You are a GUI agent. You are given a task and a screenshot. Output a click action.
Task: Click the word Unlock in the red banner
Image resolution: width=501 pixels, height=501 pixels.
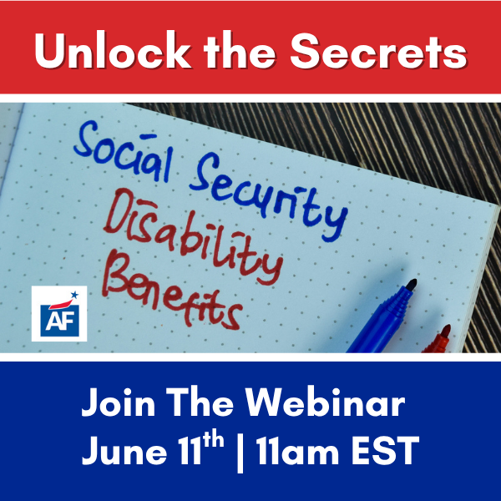tap(113, 49)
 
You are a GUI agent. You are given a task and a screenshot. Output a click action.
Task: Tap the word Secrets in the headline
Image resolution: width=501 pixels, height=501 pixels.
tap(378, 50)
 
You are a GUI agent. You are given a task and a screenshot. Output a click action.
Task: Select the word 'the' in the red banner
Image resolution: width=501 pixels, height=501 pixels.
tap(240, 49)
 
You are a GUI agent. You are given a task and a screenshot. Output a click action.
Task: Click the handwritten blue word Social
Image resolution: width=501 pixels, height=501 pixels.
tap(124, 151)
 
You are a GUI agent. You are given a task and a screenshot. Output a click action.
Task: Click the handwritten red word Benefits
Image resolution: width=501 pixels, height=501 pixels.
tap(172, 292)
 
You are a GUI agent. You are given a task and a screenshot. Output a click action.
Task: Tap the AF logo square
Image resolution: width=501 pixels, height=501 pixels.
tap(59, 313)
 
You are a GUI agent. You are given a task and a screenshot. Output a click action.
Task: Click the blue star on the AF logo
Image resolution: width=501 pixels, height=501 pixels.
tap(74, 295)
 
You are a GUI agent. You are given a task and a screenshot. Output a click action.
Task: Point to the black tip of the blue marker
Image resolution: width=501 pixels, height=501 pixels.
tap(412, 285)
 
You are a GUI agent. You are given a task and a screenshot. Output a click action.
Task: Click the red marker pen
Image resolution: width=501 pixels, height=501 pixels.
tap(438, 340)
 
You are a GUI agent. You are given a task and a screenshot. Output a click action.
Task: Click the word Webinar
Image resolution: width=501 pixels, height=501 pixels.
tap(325, 402)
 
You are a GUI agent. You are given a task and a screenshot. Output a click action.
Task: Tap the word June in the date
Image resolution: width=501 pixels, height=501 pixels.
tap(124, 451)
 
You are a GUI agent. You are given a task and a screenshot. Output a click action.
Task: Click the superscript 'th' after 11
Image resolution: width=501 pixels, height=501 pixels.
tap(213, 440)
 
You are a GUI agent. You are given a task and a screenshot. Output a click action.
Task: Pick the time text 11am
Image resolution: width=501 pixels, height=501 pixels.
tap(297, 451)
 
